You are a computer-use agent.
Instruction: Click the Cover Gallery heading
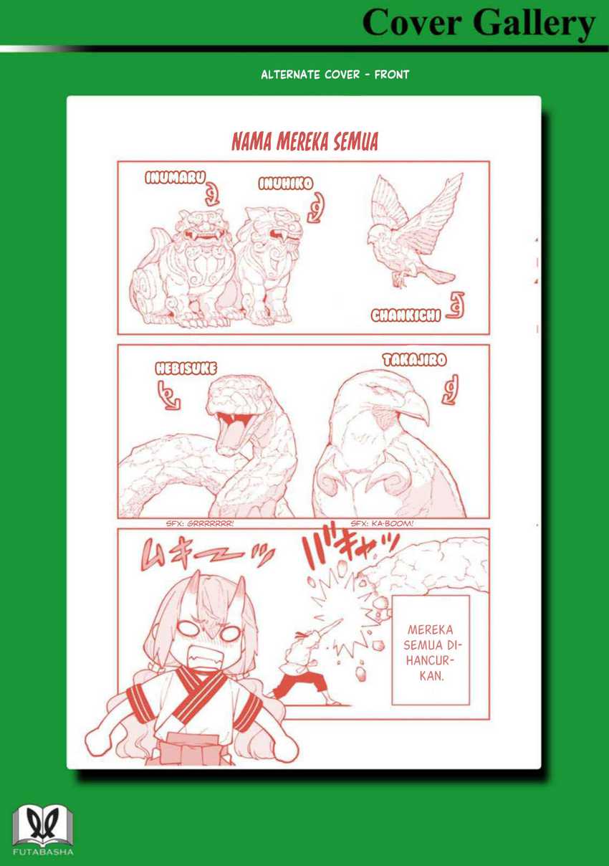pos(478,24)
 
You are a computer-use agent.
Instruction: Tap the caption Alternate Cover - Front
pos(335,74)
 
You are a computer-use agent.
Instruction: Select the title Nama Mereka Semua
pos(304,142)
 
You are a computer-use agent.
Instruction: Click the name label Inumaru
pos(175,178)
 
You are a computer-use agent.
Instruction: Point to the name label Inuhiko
pos(285,184)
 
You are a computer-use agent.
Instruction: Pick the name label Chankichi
pos(406,315)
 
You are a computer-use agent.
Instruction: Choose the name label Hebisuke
pos(186,368)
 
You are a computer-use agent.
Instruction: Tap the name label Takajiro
pos(414,360)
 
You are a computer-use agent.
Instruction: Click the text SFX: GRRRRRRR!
pos(200,523)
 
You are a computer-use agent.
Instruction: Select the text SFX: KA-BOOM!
pos(382,523)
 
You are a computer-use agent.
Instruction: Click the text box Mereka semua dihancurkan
pos(430,649)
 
